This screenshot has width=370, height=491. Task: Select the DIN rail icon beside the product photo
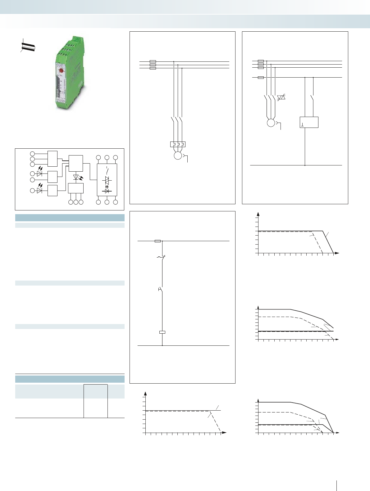[x=28, y=47]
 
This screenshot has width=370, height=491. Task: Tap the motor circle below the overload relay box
[x=178, y=155]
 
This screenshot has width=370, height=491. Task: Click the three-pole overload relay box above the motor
[x=178, y=144]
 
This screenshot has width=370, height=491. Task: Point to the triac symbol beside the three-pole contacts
[x=281, y=97]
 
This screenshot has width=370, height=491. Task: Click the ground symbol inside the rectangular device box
[x=302, y=125]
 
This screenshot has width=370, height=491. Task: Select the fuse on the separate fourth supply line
[x=261, y=77]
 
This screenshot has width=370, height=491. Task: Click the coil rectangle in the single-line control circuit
[x=162, y=332]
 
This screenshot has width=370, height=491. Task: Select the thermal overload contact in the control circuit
[x=162, y=257]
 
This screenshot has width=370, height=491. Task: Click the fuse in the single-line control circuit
[x=158, y=241]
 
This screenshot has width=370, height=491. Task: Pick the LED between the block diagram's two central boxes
[x=76, y=178]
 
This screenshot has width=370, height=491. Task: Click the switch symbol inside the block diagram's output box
[x=107, y=170]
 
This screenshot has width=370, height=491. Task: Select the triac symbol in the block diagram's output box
[x=107, y=180]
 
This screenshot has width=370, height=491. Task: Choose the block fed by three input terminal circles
[x=53, y=159]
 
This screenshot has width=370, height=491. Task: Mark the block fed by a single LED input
[x=53, y=191]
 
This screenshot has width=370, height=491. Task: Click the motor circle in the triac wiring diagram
[x=271, y=123]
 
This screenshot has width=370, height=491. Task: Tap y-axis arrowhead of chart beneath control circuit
[x=145, y=394]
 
